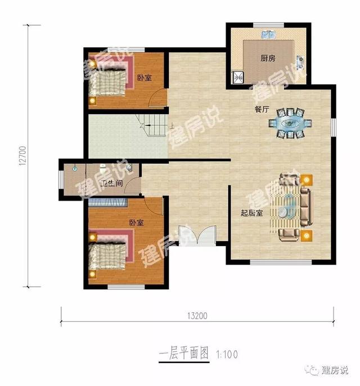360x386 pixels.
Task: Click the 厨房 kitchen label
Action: [268, 58]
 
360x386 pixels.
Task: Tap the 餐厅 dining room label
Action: [261, 110]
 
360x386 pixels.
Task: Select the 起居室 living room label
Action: [250, 213]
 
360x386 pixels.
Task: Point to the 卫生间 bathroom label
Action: [111, 183]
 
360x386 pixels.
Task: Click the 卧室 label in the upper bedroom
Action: [145, 78]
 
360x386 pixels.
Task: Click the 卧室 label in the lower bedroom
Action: [137, 222]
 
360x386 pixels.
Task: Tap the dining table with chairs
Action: [290, 122]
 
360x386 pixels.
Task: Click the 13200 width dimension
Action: [197, 316]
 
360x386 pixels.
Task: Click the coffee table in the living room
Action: [287, 206]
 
